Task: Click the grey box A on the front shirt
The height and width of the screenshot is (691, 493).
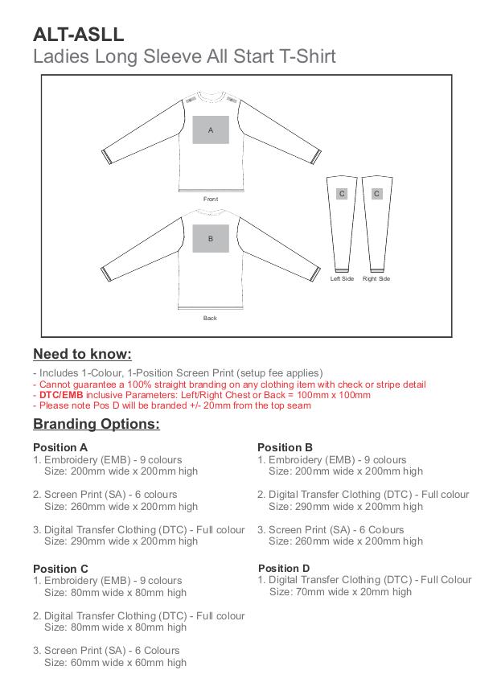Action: (x=211, y=130)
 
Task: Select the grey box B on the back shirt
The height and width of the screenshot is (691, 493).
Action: (x=211, y=238)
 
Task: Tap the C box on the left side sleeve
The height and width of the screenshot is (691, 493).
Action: (x=342, y=194)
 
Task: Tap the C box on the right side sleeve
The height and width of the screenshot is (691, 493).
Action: (x=376, y=194)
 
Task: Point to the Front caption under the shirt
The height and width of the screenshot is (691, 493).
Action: (x=211, y=199)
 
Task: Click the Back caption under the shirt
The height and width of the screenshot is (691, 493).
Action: (x=210, y=318)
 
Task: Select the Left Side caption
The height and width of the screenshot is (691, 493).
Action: (x=342, y=278)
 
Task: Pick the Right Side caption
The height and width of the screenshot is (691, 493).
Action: (x=376, y=278)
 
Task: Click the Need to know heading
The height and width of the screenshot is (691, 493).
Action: (x=82, y=354)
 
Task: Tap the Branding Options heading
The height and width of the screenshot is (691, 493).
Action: (x=96, y=424)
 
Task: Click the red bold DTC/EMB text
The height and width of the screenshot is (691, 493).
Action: (x=61, y=395)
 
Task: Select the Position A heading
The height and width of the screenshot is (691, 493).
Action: (x=60, y=447)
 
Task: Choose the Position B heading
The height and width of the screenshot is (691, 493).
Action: (x=285, y=447)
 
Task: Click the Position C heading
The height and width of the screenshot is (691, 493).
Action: (x=60, y=569)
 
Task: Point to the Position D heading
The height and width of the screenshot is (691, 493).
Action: (x=284, y=568)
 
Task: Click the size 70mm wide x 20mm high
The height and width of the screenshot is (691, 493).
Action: (x=340, y=591)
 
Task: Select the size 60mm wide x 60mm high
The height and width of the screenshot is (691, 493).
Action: (x=115, y=662)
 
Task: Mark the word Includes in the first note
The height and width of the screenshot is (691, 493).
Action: (x=55, y=373)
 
